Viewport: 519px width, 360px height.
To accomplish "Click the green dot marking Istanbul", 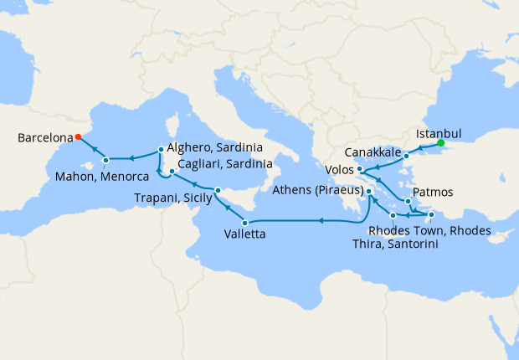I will [440, 142].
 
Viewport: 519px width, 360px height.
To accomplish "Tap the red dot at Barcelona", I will [78, 137].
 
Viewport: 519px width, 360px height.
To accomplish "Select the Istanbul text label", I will [439, 132].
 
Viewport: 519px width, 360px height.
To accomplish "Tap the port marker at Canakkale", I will [406, 156].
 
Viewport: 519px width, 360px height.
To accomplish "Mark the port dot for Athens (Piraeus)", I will [369, 192].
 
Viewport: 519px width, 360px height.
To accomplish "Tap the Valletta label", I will [245, 235].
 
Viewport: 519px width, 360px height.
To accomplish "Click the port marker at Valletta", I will [244, 222].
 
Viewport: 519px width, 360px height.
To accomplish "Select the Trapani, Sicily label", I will [173, 198].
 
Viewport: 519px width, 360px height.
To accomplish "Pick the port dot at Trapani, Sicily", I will [217, 190].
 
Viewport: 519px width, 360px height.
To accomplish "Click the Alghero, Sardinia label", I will [213, 147].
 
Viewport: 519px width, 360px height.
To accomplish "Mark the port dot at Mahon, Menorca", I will [105, 160].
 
